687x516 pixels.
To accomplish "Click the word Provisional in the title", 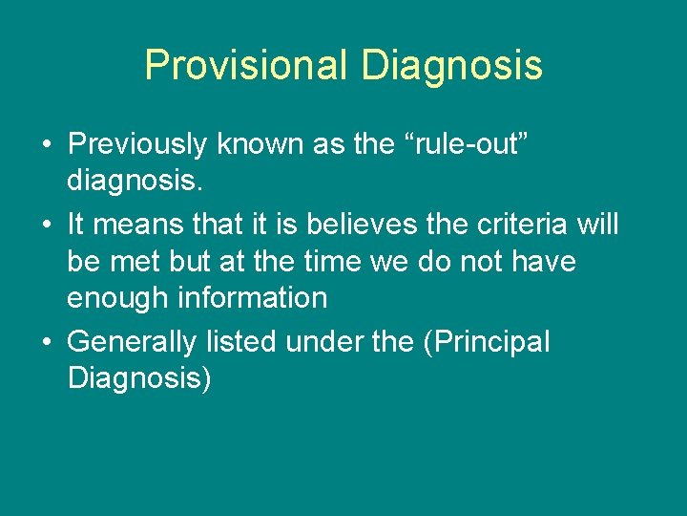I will click(247, 65).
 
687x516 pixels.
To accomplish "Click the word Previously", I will click(137, 144).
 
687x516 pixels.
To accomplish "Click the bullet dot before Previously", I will click(46, 144).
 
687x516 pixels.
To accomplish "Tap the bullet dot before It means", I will click(46, 225).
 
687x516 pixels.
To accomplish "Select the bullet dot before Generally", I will click(46, 342).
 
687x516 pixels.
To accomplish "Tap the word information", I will click(263, 297).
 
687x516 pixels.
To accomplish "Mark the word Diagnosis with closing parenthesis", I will click(140, 378).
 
